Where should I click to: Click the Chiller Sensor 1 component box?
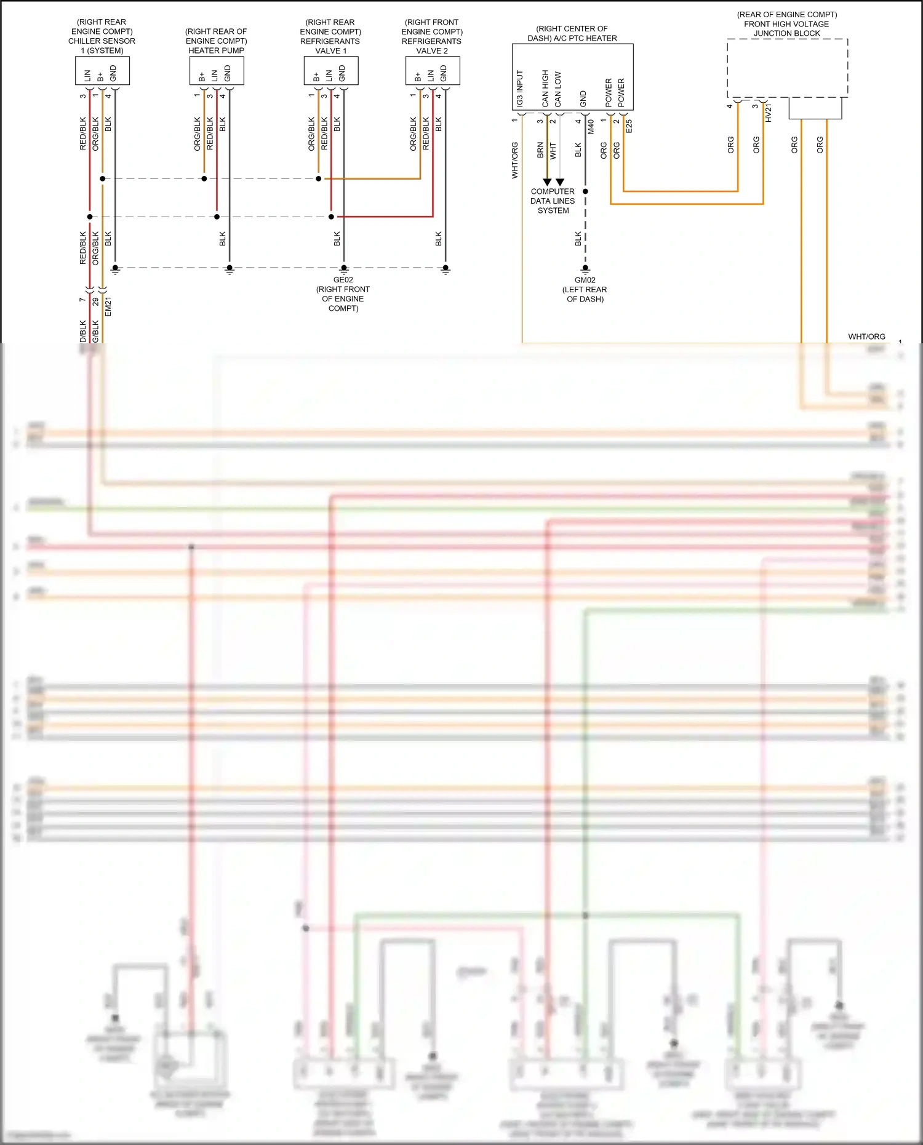point(102,71)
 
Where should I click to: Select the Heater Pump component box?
point(217,71)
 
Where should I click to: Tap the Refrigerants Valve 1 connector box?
point(330,71)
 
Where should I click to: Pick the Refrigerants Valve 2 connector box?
point(433,71)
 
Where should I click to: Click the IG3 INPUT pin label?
point(520,89)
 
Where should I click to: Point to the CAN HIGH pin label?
point(545,89)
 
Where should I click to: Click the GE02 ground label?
point(343,280)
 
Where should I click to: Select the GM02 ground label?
point(585,280)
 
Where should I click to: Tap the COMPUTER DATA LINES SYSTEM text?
point(553,201)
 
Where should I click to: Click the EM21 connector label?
point(108,306)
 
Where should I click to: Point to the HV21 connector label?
point(768,113)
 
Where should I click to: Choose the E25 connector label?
point(628,126)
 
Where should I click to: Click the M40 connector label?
point(591,127)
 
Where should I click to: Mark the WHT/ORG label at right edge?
point(866,337)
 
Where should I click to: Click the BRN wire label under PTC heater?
point(540,151)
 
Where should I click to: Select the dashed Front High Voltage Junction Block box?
point(787,68)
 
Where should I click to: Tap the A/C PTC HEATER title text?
point(572,38)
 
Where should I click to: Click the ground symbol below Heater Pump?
point(230,269)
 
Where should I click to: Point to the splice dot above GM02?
point(585,191)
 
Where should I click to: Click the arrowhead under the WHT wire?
point(560,182)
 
